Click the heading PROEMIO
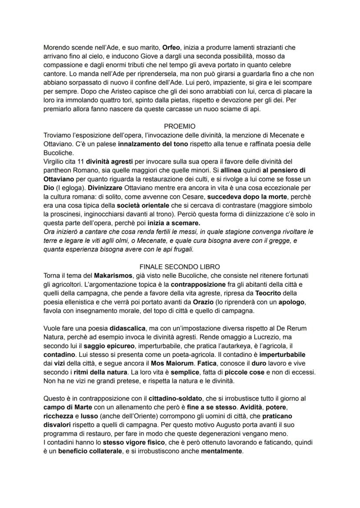(x=180, y=126)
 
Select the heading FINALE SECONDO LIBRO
(x=180, y=266)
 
